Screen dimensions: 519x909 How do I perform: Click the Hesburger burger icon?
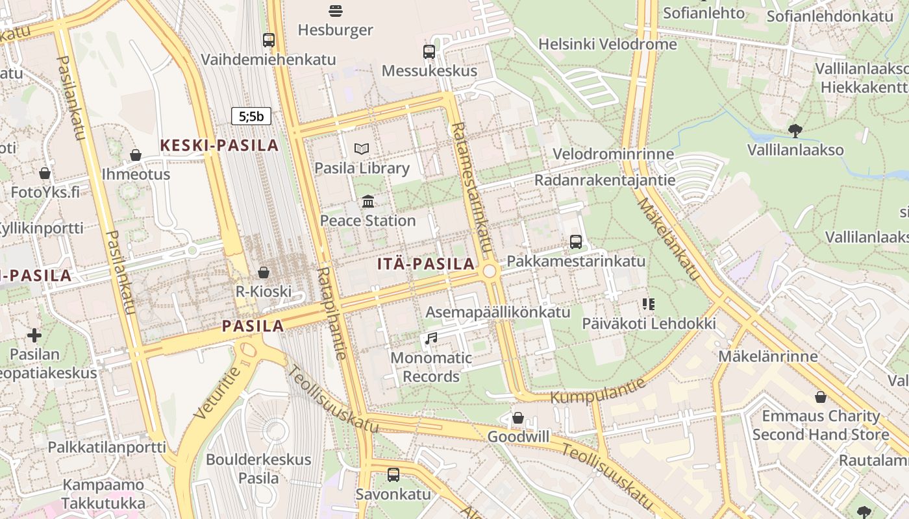click(x=336, y=10)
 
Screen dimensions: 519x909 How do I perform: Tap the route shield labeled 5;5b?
click(x=251, y=116)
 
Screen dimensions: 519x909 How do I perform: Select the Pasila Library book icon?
click(x=362, y=149)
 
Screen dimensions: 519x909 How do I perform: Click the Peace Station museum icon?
click(x=368, y=202)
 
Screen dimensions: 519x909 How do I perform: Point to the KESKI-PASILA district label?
click(x=219, y=145)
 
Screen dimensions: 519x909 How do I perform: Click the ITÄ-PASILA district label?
click(x=426, y=264)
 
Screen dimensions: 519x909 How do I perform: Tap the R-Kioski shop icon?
click(x=264, y=272)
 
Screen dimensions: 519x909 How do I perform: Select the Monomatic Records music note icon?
click(x=431, y=338)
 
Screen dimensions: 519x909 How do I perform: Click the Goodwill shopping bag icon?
click(x=518, y=418)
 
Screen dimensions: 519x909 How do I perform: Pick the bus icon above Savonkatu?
click(x=393, y=474)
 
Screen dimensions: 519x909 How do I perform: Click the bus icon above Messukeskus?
click(x=429, y=52)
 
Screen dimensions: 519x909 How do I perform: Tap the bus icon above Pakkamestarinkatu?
click(x=576, y=242)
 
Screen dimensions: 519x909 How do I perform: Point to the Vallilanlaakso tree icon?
click(x=795, y=131)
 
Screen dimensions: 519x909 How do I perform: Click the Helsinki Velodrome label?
click(x=608, y=44)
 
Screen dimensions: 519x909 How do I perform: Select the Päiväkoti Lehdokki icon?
click(x=648, y=304)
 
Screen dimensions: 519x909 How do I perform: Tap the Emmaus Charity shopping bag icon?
click(x=821, y=397)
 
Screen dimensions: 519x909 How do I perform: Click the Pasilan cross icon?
click(x=34, y=335)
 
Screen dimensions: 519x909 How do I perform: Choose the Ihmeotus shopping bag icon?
click(x=136, y=155)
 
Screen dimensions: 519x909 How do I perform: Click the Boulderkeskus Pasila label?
click(x=258, y=468)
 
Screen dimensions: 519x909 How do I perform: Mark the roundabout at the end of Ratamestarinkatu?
click(x=490, y=271)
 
